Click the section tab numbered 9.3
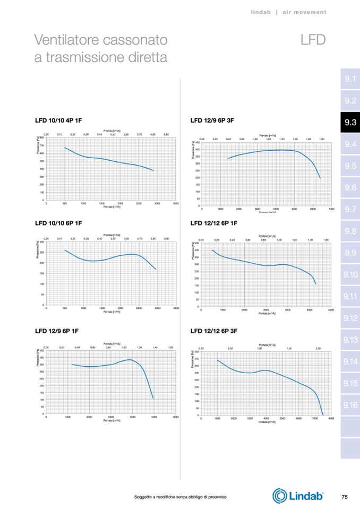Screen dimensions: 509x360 (x=349, y=123)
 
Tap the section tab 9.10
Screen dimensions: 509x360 (x=349, y=275)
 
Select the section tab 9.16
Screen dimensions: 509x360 (x=349, y=406)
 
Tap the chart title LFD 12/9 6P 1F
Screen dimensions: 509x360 (x=57, y=331)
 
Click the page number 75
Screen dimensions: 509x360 (x=344, y=497)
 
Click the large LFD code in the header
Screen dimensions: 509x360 (x=312, y=40)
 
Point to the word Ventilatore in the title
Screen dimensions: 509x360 (x=67, y=40)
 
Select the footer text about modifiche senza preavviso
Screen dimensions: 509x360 (x=181, y=497)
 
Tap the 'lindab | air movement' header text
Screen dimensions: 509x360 (x=288, y=12)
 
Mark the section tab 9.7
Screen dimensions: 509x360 (x=349, y=210)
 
